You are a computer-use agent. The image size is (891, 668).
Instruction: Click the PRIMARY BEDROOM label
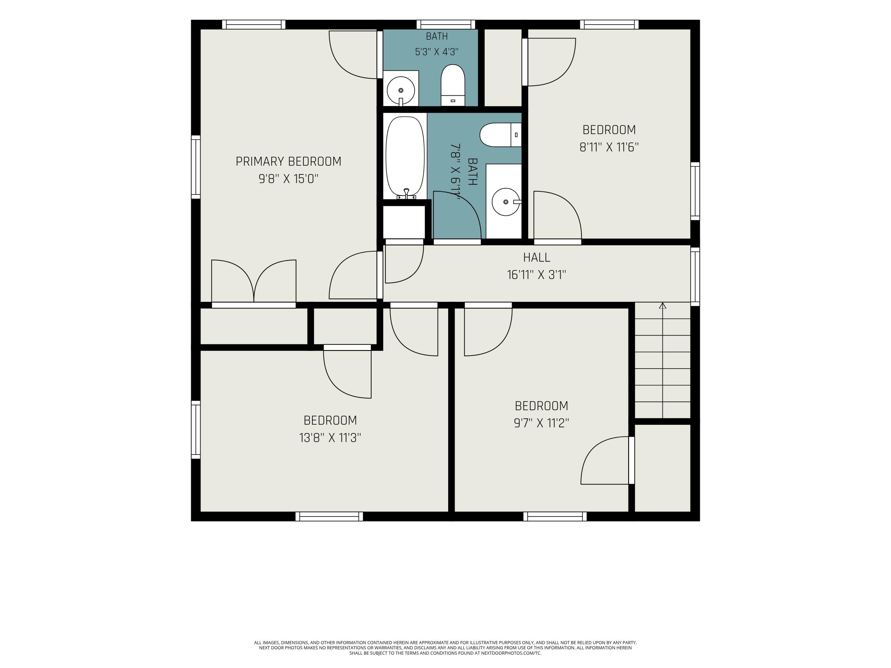coord(288,162)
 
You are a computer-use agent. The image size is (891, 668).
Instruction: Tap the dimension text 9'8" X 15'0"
coord(288,179)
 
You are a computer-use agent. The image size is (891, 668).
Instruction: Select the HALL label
coord(537,257)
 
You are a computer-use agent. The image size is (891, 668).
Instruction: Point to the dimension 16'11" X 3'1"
coord(537,275)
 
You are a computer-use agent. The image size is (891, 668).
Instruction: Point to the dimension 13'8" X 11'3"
coord(330,438)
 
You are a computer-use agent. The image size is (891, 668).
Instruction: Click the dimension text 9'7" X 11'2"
coord(541,423)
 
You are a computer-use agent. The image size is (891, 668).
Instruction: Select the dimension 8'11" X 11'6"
coord(609,147)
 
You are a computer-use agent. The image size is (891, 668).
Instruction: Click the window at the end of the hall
coord(695,277)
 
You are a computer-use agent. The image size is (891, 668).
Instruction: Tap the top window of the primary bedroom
coord(254,25)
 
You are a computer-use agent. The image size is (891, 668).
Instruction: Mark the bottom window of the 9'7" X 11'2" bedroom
coord(555,517)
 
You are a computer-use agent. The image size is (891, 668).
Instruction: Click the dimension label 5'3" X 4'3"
coord(437,52)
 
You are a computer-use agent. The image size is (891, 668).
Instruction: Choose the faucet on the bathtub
coord(406,194)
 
